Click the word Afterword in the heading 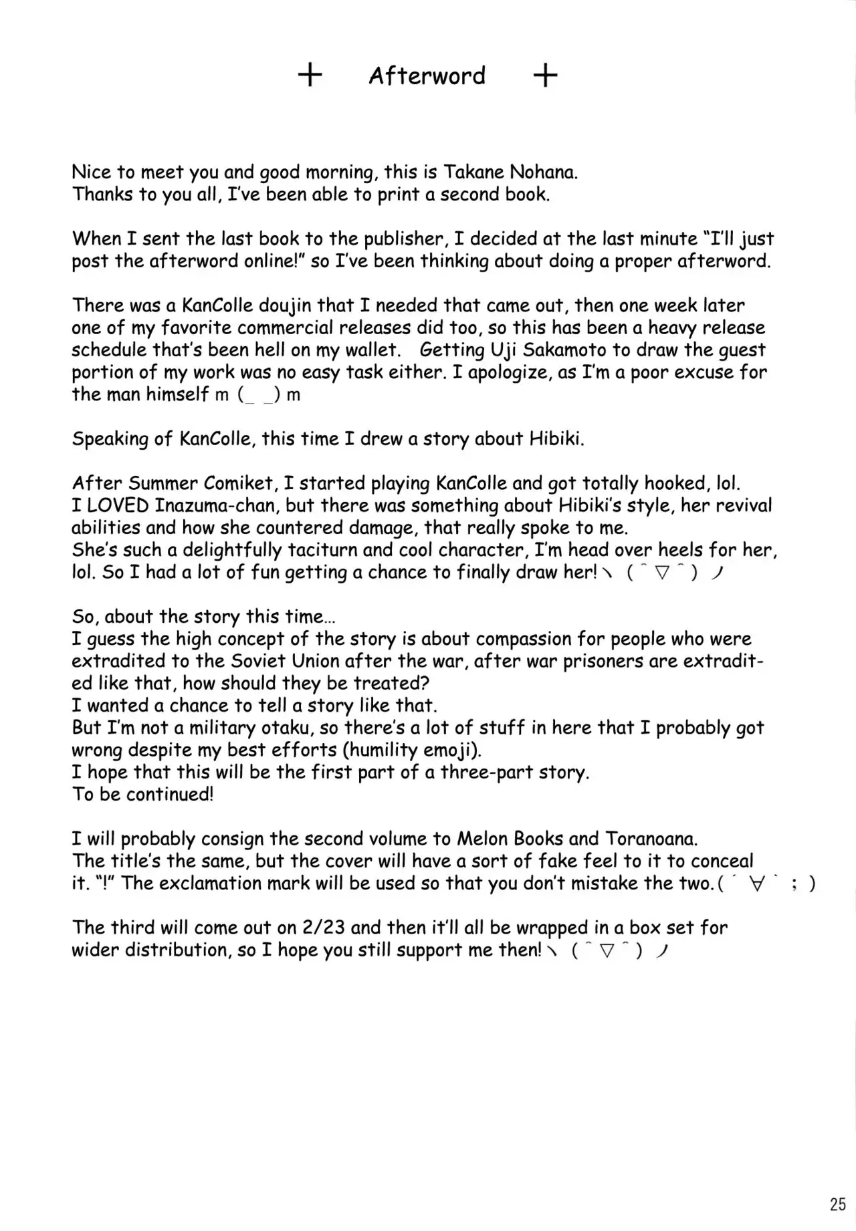(427, 76)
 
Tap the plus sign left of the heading (310, 76)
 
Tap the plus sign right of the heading (545, 76)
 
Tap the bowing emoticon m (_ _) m (258, 395)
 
